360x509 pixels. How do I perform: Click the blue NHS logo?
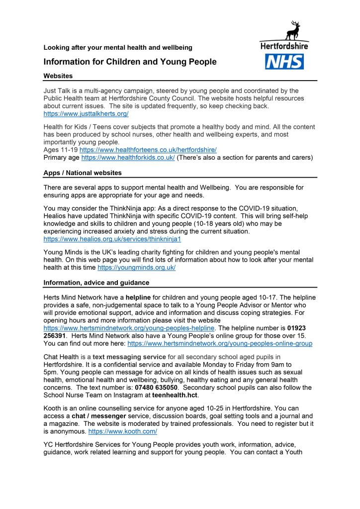click(x=284, y=62)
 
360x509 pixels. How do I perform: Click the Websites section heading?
click(x=58, y=76)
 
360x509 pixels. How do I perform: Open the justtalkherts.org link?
click(x=86, y=114)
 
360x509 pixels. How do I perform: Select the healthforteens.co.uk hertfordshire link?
click(x=148, y=150)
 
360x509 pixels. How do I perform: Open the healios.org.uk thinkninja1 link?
click(x=112, y=239)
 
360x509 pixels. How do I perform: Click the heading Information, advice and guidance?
click(x=96, y=283)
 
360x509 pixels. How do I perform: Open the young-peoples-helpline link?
click(x=129, y=328)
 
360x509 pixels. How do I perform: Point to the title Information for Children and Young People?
click(x=130, y=62)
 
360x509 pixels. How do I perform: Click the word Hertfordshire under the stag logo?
click(x=284, y=46)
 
